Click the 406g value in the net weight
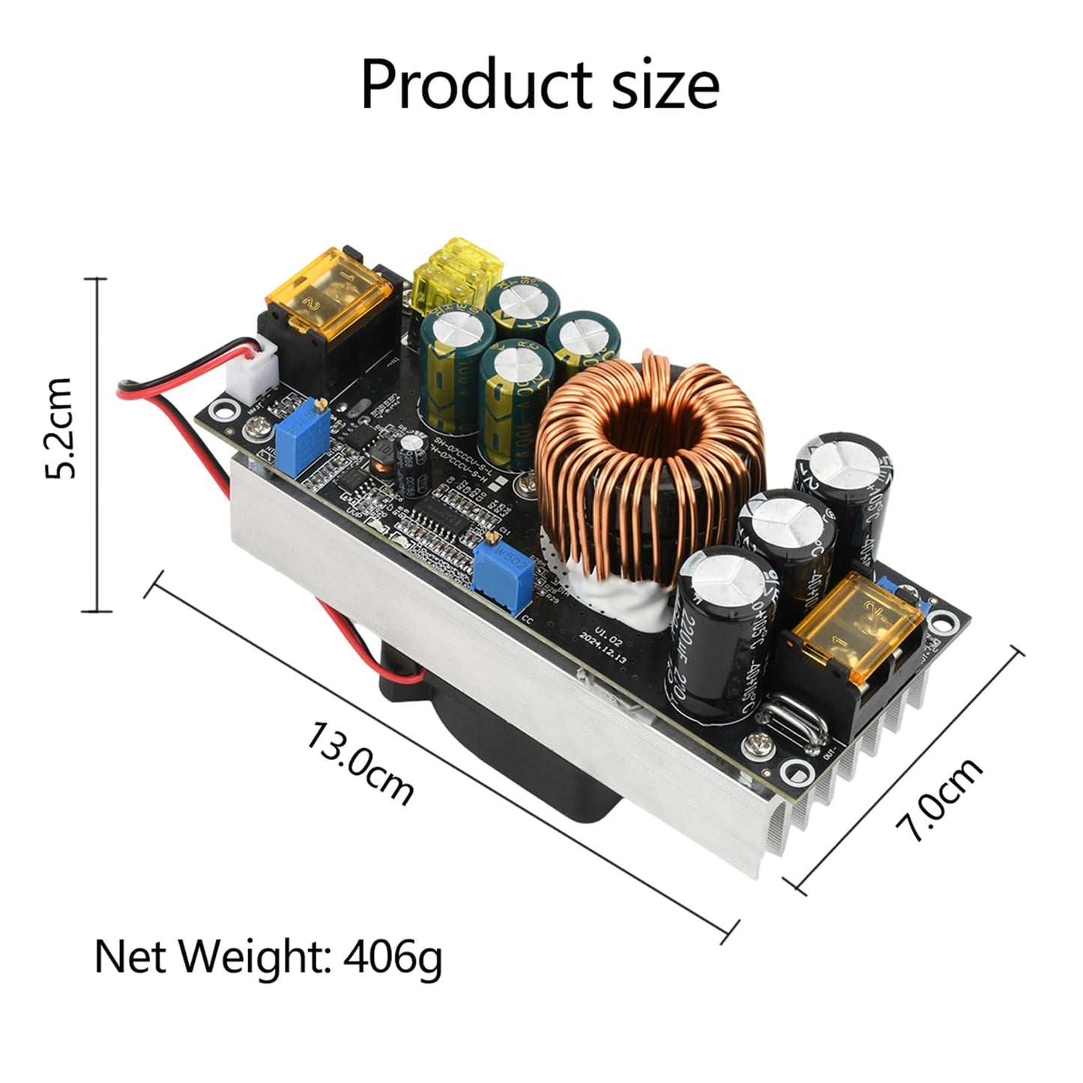[393, 956]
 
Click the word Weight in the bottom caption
[258, 956]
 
